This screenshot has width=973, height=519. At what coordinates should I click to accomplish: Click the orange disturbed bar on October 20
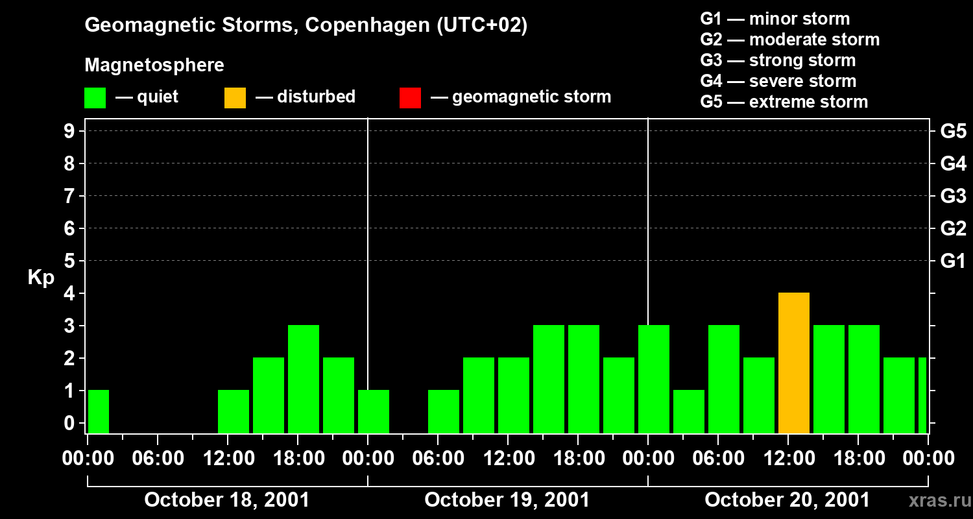[x=794, y=363]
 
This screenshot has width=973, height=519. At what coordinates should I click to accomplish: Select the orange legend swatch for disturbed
[x=235, y=98]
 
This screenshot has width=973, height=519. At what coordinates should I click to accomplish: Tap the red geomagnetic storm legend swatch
[x=410, y=98]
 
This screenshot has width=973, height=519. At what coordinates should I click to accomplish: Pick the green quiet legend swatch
[x=95, y=98]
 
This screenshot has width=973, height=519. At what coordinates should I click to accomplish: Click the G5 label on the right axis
[x=953, y=131]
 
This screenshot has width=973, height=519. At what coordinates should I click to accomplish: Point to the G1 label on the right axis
[x=953, y=261]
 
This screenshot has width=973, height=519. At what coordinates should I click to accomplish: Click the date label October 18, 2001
[x=226, y=500]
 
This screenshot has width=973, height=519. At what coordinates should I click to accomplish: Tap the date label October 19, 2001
[x=507, y=500]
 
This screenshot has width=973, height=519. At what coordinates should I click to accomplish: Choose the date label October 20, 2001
[x=787, y=500]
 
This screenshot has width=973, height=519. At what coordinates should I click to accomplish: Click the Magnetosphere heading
[x=154, y=66]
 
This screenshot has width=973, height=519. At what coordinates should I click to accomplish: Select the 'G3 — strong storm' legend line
[x=778, y=60]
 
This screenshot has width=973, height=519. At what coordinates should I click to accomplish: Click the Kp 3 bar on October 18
[x=304, y=380]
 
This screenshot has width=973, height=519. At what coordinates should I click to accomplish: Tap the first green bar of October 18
[x=99, y=411]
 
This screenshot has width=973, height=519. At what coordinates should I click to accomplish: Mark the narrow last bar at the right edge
[x=922, y=396]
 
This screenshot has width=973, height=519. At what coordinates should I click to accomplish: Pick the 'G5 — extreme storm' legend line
[x=784, y=102]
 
